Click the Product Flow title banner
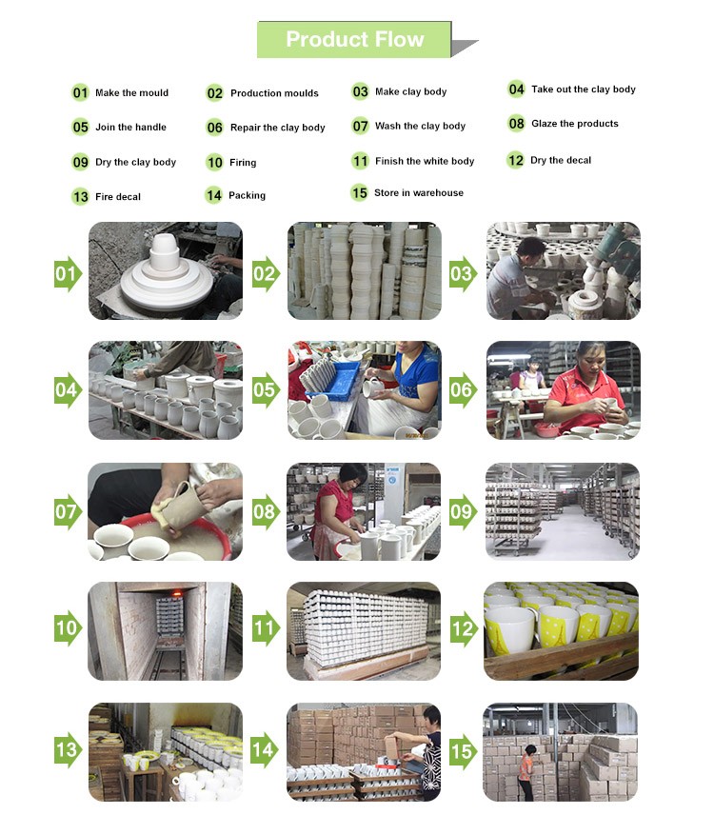point(354,39)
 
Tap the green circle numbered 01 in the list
point(80,93)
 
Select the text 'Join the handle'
point(131,128)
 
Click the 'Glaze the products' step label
point(575,124)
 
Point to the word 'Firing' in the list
point(243,163)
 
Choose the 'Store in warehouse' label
point(419,193)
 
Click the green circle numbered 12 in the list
point(515,160)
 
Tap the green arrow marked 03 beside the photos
point(463,274)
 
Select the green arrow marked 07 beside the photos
point(69,512)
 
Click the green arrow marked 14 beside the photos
point(265,750)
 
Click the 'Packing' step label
point(247,196)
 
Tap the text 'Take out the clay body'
point(583,89)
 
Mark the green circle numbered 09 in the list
point(80,162)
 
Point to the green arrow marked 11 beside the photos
point(265,628)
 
